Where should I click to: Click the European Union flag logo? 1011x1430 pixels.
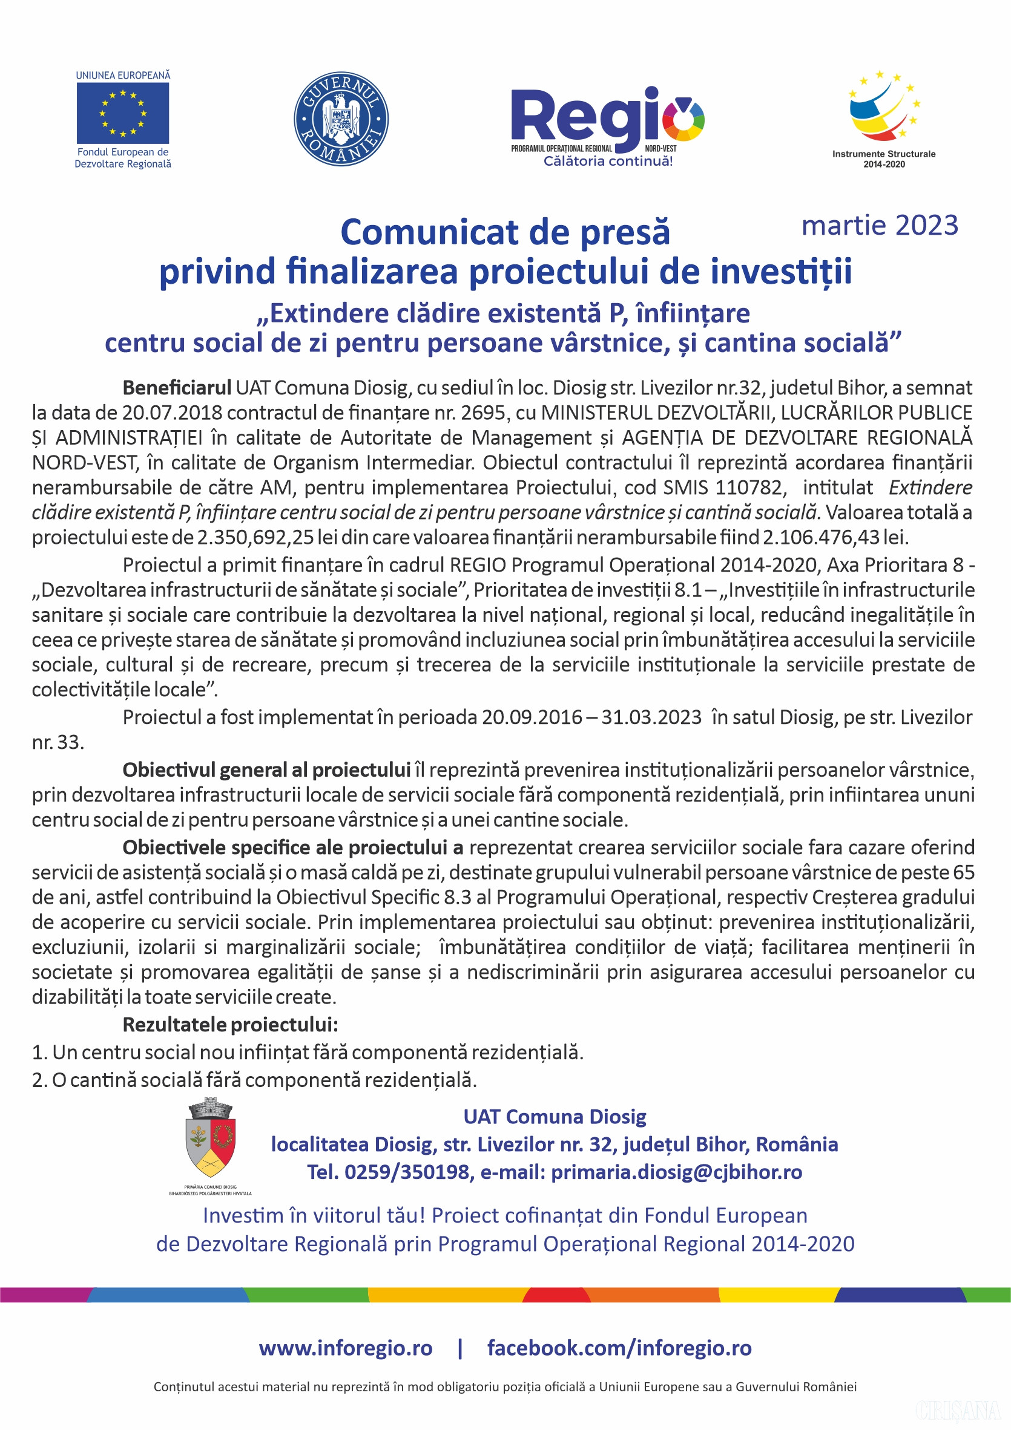(x=123, y=113)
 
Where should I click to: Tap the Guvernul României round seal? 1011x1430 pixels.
(x=341, y=119)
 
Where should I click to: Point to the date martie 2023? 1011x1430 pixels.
(x=880, y=226)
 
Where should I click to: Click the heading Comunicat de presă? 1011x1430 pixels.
(x=505, y=232)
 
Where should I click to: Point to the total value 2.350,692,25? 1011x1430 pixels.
(x=255, y=537)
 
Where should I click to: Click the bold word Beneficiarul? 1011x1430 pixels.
(x=176, y=388)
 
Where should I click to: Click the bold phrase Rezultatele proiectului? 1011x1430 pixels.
(x=230, y=1025)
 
